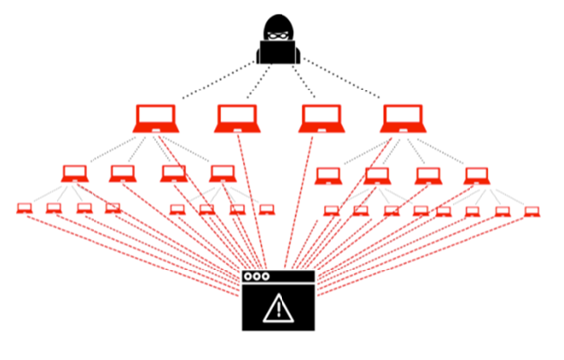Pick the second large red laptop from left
click(x=237, y=118)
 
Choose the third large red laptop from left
click(x=320, y=118)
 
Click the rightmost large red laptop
click(x=402, y=118)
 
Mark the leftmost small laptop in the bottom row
click(x=24, y=209)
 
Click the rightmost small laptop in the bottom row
click(x=532, y=211)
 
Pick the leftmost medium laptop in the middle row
click(x=74, y=173)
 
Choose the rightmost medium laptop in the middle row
click(x=476, y=175)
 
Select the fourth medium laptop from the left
click(x=221, y=173)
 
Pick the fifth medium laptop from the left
click(x=326, y=175)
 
